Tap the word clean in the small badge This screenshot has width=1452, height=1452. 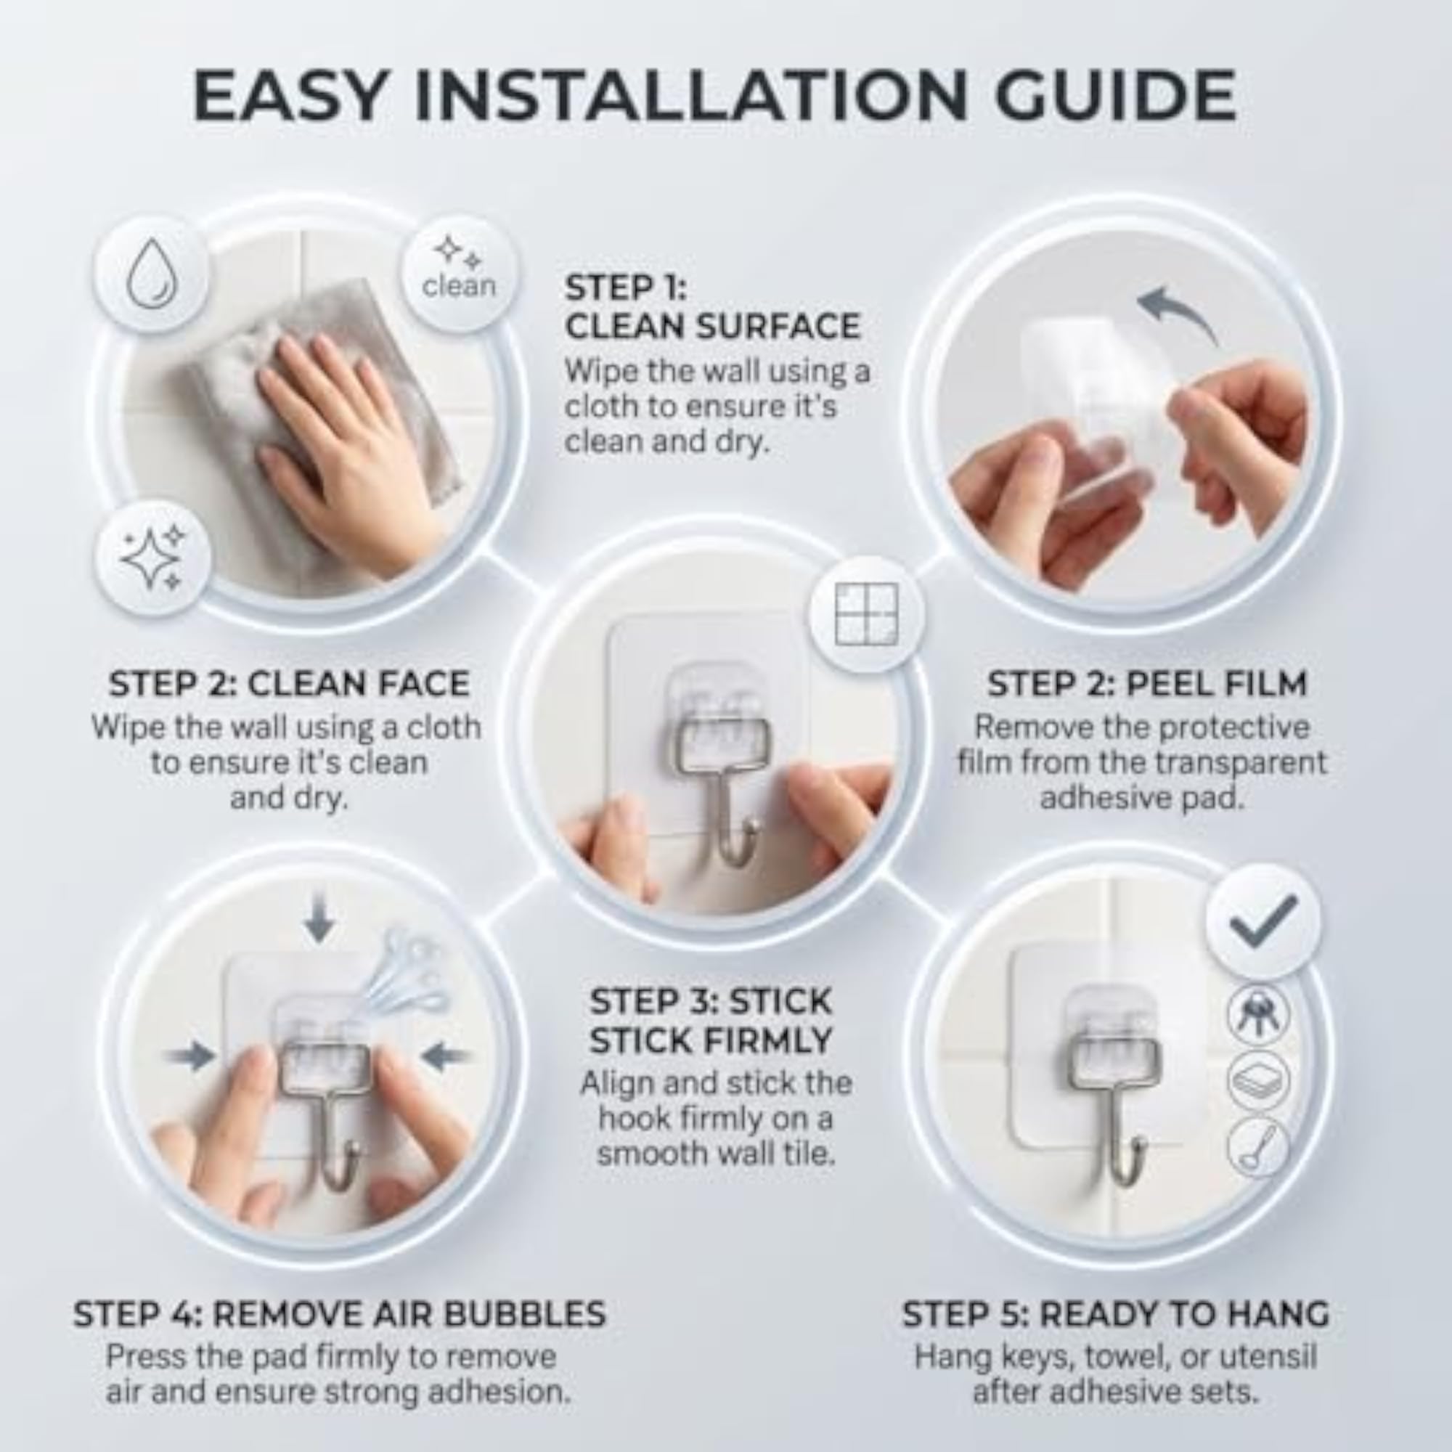point(458,286)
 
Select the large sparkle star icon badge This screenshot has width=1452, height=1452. point(152,557)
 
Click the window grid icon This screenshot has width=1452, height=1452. point(867,614)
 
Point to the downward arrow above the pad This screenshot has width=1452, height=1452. point(319,920)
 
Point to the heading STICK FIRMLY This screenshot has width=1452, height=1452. point(710,1041)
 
